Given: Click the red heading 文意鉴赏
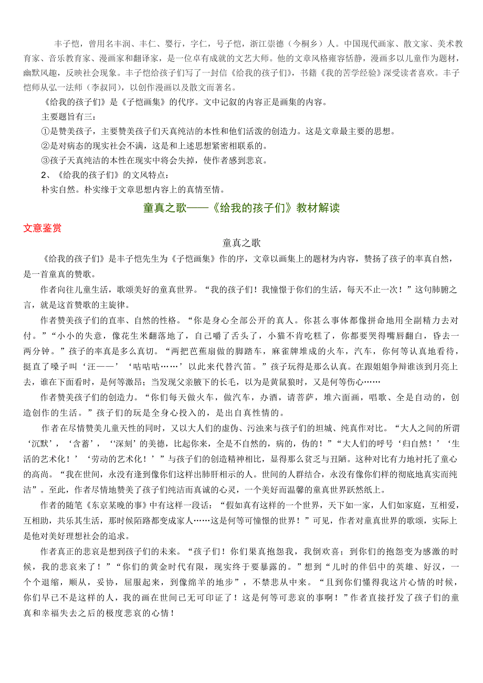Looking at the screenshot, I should (x=42, y=228).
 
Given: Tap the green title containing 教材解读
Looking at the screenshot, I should (x=241, y=208).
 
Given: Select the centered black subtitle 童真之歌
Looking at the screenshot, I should (x=241, y=243).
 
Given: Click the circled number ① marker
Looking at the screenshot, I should (x=45, y=131).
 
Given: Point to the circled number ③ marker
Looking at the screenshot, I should (x=45, y=160).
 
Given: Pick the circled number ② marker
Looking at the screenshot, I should (x=45, y=145).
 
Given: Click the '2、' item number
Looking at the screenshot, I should (x=46, y=175).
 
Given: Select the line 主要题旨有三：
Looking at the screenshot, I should (x=69, y=116).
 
